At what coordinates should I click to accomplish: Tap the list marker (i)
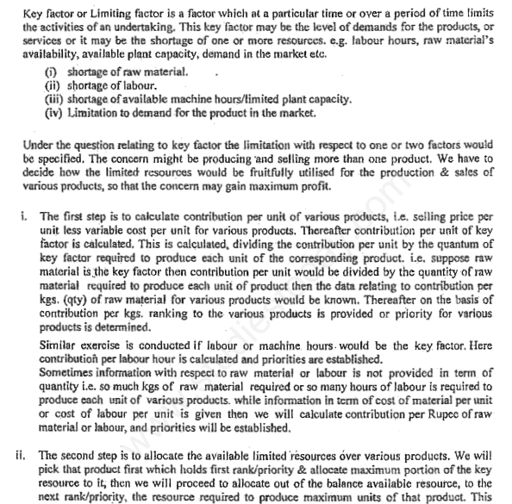pos(49,71)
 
